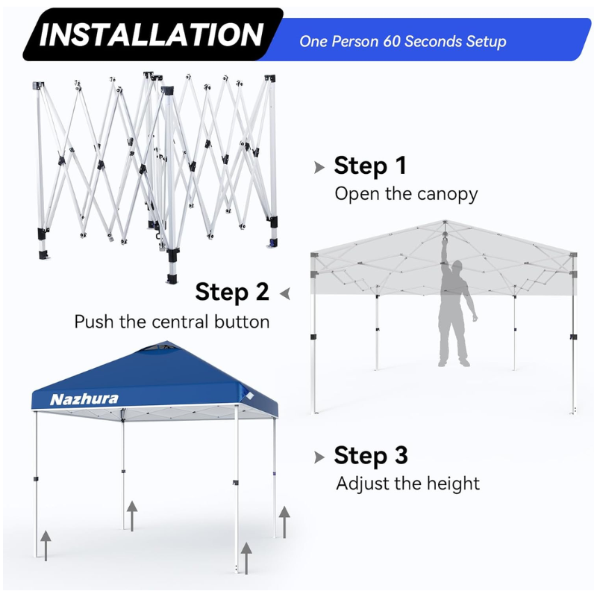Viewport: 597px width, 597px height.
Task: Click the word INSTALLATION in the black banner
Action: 151,34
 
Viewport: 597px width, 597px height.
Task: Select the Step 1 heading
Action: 370,166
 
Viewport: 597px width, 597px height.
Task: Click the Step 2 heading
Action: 232,293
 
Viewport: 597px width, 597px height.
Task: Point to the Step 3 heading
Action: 371,455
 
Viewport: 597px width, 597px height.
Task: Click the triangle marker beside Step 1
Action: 319,167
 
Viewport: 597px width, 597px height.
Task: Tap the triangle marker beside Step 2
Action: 285,293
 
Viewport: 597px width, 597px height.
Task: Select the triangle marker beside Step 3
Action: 319,457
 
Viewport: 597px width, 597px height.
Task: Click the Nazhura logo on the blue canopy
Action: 84,399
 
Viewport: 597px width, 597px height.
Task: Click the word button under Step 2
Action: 242,322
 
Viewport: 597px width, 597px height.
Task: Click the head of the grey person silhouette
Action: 457,266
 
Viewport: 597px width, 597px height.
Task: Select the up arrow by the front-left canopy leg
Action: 46,546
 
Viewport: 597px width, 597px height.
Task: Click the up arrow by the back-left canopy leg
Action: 132,516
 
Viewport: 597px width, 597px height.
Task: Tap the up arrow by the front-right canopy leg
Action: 246,558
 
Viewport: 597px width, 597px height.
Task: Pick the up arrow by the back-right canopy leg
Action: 284,522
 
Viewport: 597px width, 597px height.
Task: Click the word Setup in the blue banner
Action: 487,42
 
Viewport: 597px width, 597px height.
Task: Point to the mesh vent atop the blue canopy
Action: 160,348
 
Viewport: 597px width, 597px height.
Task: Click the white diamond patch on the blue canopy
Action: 249,396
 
